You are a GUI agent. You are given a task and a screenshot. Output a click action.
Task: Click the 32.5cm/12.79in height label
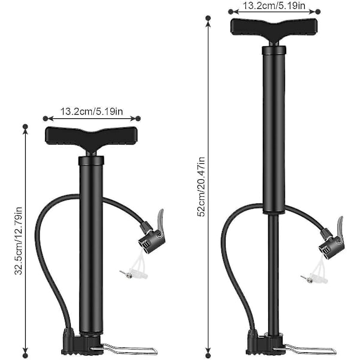click(x=19, y=241)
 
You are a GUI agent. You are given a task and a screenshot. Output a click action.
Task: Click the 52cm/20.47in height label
click(x=201, y=187)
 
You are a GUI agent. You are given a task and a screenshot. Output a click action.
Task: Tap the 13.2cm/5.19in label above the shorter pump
click(x=92, y=112)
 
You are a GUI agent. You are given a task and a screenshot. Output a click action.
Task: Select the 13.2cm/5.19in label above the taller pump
click(x=274, y=5)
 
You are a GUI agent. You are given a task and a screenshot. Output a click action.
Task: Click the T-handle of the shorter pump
click(x=91, y=138)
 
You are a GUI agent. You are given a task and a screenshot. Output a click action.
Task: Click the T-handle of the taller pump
click(x=274, y=29)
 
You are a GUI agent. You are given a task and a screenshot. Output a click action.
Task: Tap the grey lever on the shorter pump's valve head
click(x=160, y=217)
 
